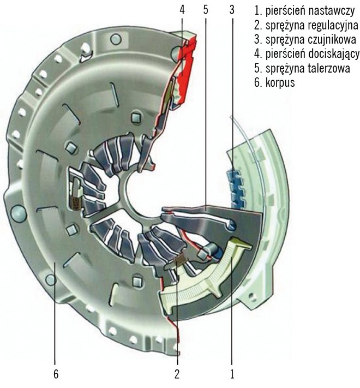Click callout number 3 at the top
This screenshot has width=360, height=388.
point(233,10)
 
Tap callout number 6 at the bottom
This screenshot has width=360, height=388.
point(56,375)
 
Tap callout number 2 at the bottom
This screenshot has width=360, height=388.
point(177,375)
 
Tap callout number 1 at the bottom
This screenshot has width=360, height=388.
point(232,375)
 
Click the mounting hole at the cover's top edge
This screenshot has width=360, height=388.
point(115,39)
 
